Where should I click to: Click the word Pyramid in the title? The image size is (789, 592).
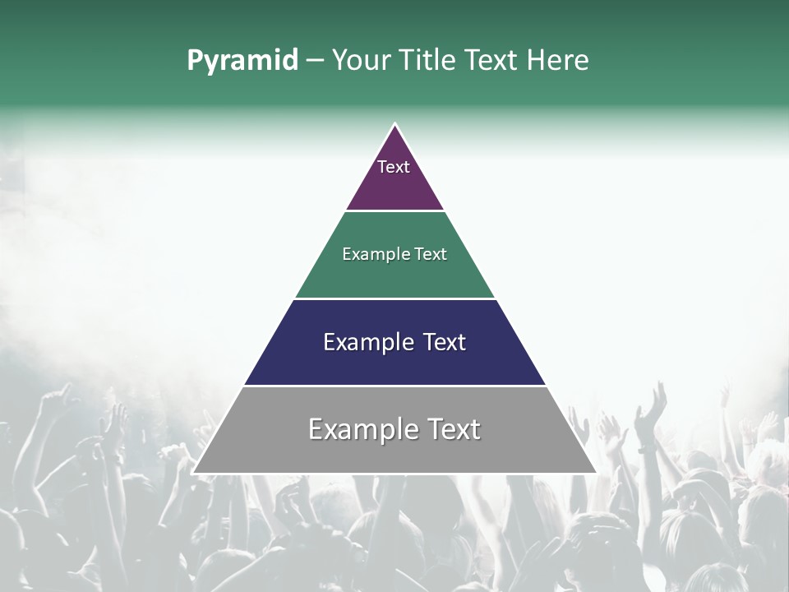tap(242, 61)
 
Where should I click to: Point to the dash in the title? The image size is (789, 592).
tap(315, 61)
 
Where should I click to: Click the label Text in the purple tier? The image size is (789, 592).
tap(394, 167)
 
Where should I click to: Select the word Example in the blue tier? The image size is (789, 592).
tap(369, 342)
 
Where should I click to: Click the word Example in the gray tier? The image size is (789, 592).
tap(360, 429)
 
